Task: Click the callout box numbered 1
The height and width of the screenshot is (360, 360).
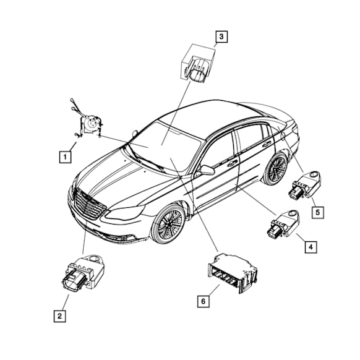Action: click(x=65, y=157)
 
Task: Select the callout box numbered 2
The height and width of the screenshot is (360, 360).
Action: click(x=60, y=316)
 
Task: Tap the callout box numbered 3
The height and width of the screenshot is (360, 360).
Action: click(x=221, y=36)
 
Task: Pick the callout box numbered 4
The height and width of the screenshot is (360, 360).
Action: click(x=311, y=247)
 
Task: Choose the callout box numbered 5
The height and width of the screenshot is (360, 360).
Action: click(x=318, y=212)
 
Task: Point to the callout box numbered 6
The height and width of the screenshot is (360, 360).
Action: click(x=204, y=301)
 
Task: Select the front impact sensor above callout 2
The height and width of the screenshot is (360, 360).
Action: click(x=83, y=272)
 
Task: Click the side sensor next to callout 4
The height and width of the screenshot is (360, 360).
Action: click(x=283, y=223)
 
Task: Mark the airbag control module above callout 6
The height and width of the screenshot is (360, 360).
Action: click(x=232, y=273)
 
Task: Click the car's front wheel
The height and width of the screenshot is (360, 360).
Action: click(x=168, y=223)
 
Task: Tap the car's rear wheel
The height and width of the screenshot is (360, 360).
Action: click(x=276, y=168)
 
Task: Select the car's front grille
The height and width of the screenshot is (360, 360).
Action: click(x=90, y=203)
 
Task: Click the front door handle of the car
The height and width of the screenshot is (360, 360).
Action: click(x=233, y=163)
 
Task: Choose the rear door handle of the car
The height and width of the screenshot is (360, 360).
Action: click(x=267, y=144)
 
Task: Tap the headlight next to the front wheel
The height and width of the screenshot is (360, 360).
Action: click(x=125, y=212)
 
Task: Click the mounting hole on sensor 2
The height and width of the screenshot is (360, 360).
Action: click(x=95, y=259)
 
